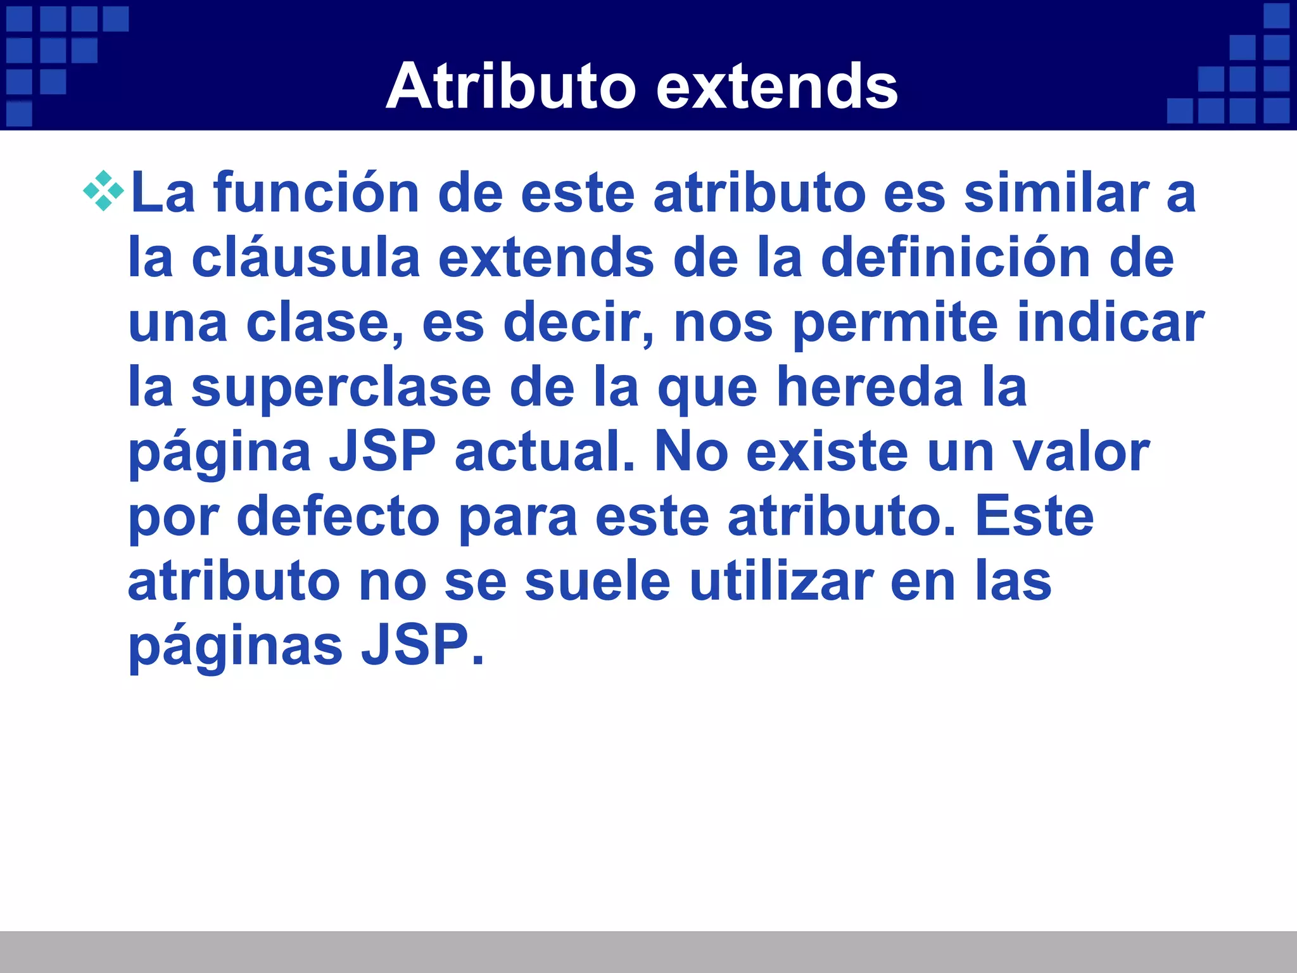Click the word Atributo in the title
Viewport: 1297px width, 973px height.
click(510, 87)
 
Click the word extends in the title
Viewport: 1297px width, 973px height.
click(777, 87)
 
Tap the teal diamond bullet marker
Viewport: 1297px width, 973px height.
click(103, 191)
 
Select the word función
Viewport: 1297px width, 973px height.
click(316, 193)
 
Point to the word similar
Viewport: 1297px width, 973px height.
click(1056, 193)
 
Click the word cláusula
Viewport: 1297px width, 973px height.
click(306, 258)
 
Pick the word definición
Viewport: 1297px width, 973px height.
click(956, 258)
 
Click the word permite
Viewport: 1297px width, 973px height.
click(895, 322)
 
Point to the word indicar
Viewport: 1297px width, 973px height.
click(1110, 322)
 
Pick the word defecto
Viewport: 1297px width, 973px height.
click(338, 517)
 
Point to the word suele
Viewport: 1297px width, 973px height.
click(597, 582)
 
